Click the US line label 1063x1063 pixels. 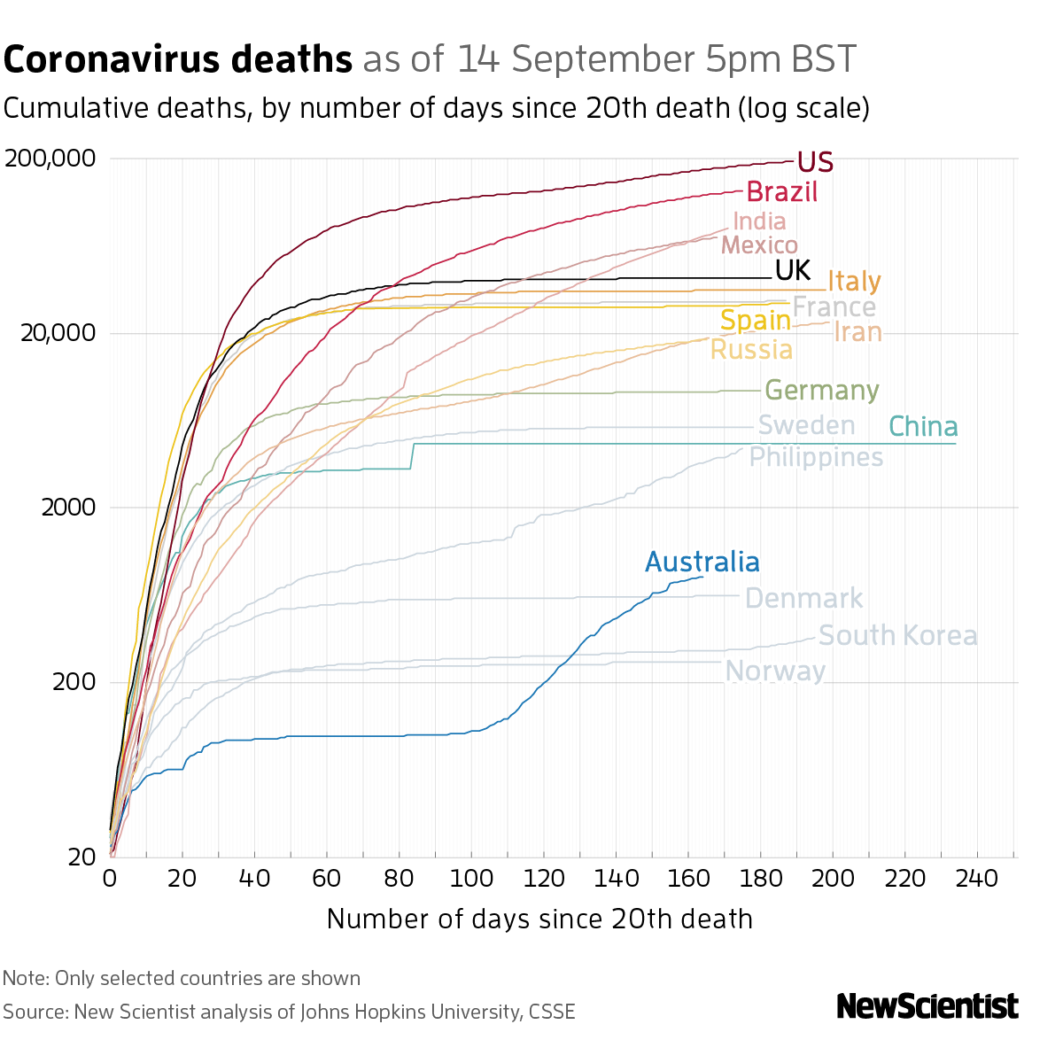coord(814,162)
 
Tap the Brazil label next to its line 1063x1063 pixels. coord(781,191)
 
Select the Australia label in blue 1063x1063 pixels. coord(702,563)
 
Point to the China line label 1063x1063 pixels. coord(922,427)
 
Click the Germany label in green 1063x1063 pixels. coord(821,391)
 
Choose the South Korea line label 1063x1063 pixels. coord(897,636)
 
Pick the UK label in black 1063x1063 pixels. coord(793,270)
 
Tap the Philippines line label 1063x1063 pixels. coord(816,457)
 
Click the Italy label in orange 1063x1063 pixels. coord(854,282)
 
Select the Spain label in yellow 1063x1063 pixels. coord(755,320)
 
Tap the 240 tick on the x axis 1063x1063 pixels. coord(977,878)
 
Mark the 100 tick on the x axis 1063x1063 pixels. coord(471,878)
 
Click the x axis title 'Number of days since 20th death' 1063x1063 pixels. coord(539,919)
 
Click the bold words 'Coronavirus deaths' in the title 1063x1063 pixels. coord(178,59)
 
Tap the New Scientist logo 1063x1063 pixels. coord(927,1006)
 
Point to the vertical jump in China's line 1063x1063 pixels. coord(413,455)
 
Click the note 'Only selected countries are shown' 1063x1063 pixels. coord(207,978)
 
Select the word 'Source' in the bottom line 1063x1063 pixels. coord(34,1012)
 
